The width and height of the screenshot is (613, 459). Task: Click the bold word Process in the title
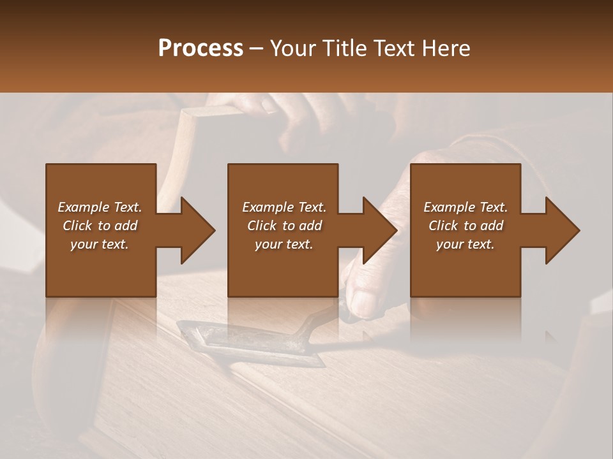[x=201, y=48]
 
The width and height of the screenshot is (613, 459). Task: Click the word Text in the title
[x=391, y=48]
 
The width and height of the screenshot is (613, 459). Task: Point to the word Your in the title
[x=295, y=48]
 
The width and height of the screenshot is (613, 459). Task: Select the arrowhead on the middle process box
[x=379, y=230]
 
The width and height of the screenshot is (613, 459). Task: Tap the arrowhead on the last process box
[x=562, y=230]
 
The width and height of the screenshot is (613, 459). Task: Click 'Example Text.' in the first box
[x=100, y=207]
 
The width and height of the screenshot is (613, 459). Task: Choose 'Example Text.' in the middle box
[x=284, y=207]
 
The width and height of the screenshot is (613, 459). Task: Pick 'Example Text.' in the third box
[x=465, y=207]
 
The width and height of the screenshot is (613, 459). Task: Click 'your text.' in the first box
[x=100, y=244]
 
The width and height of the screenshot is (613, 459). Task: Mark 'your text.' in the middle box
[x=284, y=244]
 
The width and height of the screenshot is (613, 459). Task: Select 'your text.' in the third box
[x=465, y=244]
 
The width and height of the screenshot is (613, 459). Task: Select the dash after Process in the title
[x=257, y=48]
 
